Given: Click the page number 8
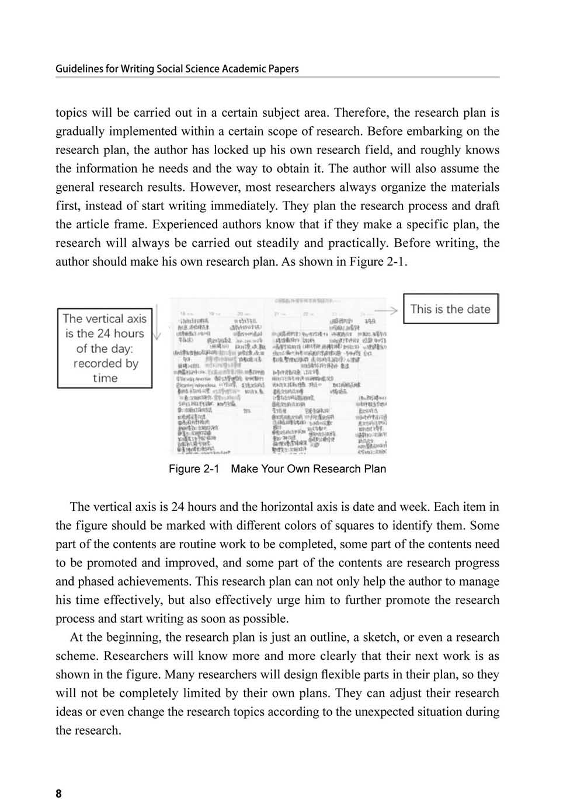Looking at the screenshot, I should coord(58,793).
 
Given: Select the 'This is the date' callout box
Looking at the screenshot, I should coord(450,309).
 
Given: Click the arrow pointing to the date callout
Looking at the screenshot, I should coord(386,309).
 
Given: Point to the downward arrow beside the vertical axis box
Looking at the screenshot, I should coord(157,324).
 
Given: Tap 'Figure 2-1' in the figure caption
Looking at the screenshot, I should coord(193,469).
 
